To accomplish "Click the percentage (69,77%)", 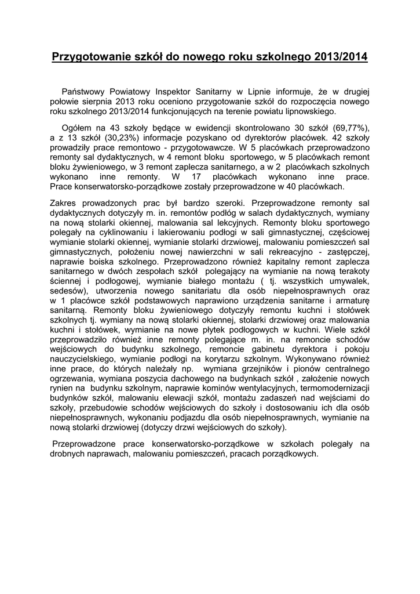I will (348, 128).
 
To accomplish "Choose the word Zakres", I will (63, 203).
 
